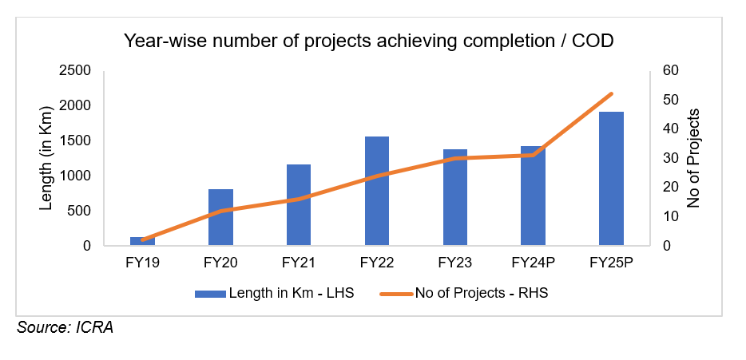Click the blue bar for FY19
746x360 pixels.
[142, 241]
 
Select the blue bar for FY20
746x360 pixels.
[220, 217]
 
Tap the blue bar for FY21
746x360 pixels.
[299, 205]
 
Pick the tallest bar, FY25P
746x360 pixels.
[611, 179]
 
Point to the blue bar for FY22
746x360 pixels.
[377, 191]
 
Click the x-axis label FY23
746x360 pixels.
[455, 262]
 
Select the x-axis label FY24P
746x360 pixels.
[533, 262]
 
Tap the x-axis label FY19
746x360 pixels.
[142, 262]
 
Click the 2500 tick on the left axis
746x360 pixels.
[74, 71]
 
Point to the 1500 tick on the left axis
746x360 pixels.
[74, 141]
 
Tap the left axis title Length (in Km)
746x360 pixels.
[46, 157]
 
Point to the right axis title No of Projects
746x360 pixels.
[693, 157]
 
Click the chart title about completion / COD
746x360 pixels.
[368, 42]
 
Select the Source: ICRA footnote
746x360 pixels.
[65, 328]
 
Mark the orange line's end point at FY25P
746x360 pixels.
[611, 94]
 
